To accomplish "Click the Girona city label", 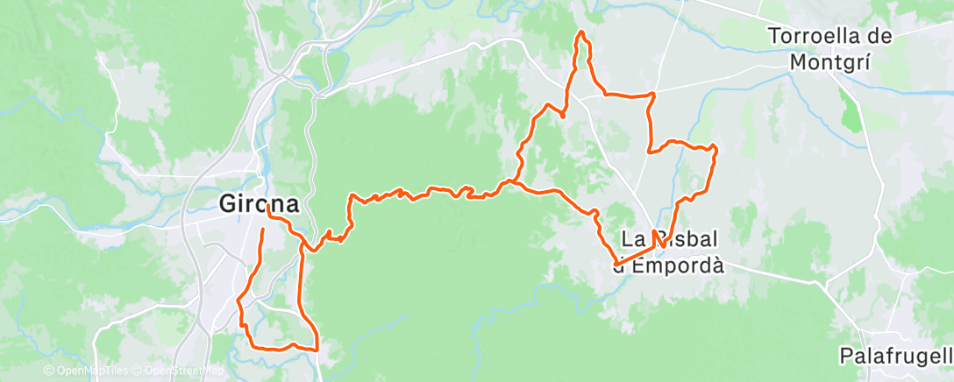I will click(259, 204).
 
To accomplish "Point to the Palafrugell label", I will click(894, 356).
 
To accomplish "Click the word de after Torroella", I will click(880, 37).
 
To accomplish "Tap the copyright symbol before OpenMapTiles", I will click(49, 371).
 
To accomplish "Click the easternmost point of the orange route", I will click(716, 149).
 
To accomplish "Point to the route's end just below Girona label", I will click(263, 230).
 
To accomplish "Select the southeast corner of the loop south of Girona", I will click(316, 348).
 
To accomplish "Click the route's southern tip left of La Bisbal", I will click(616, 263).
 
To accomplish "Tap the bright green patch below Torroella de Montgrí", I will click(849, 114).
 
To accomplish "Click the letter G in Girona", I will click(227, 204).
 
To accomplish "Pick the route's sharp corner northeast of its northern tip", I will click(654, 94).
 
